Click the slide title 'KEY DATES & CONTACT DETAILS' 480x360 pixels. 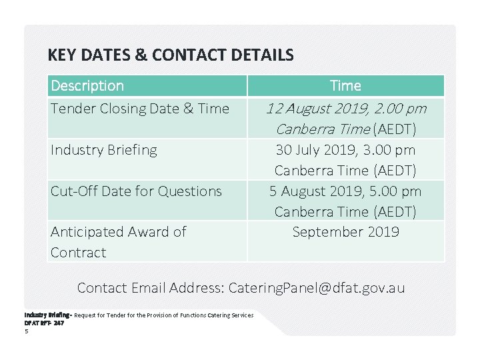click(x=171, y=55)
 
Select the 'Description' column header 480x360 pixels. click(x=87, y=86)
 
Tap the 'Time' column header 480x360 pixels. click(x=345, y=86)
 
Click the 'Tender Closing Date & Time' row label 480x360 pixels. click(x=140, y=109)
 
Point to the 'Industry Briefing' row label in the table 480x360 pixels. click(x=104, y=150)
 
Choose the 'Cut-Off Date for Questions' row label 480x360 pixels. click(x=136, y=191)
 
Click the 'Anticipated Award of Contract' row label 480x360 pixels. click(x=118, y=242)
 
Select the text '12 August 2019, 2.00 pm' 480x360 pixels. click(x=345, y=109)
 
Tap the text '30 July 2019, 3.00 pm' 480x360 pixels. click(x=345, y=150)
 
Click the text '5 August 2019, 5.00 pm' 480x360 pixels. click(x=345, y=191)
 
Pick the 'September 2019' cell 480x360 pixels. click(x=345, y=232)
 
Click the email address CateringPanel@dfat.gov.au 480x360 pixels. click(x=316, y=288)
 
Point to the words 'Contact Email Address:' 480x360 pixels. click(x=151, y=288)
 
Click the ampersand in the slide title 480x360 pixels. click(x=141, y=55)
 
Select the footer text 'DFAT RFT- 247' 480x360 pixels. click(x=44, y=323)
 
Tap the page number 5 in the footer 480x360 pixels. click(x=26, y=330)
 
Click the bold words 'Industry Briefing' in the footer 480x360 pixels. click(x=47, y=315)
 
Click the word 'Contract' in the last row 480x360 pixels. click(x=79, y=253)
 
